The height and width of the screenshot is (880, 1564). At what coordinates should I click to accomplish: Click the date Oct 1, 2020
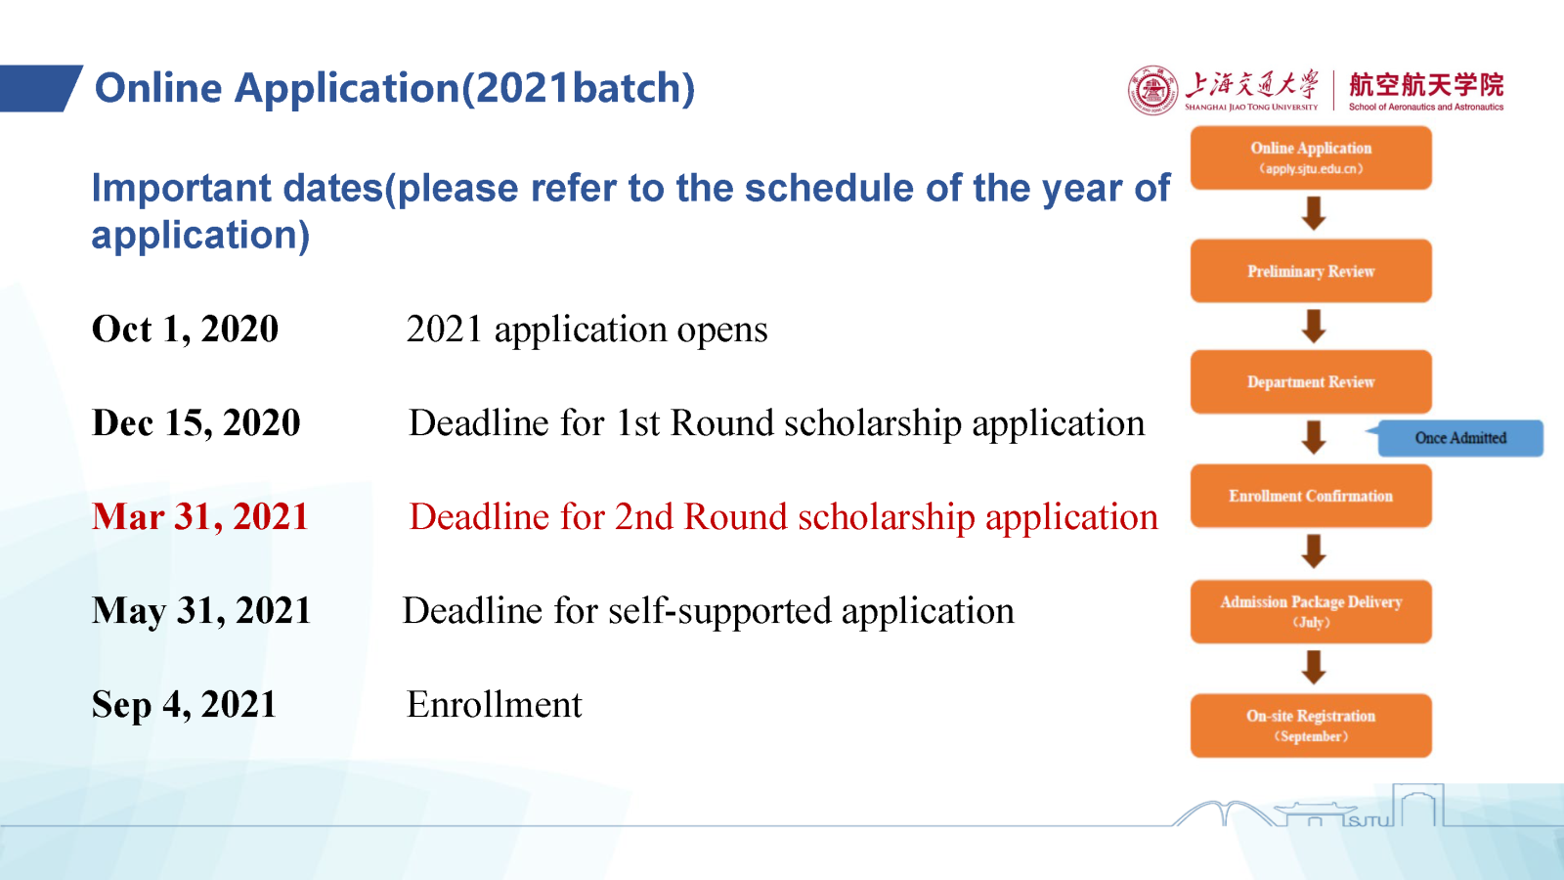pyautogui.click(x=185, y=329)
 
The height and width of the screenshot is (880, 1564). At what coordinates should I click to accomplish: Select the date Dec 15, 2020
pyautogui.click(x=196, y=422)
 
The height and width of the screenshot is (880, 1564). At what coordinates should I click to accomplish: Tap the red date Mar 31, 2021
pyautogui.click(x=200, y=517)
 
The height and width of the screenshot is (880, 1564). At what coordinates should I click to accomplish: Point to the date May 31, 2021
pyautogui.click(x=201, y=610)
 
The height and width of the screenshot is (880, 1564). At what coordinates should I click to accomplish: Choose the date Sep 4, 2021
pyautogui.click(x=185, y=704)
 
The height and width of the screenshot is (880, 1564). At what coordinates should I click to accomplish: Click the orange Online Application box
pyautogui.click(x=1311, y=157)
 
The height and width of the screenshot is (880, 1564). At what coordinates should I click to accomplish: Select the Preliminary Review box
pyautogui.click(x=1311, y=271)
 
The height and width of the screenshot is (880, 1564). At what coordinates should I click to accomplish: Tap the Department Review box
pyautogui.click(x=1311, y=382)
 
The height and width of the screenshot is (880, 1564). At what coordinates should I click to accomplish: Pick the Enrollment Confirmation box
pyautogui.click(x=1311, y=496)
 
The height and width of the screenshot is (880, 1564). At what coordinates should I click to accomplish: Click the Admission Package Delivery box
pyautogui.click(x=1311, y=611)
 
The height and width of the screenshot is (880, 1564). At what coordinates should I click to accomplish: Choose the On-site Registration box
pyautogui.click(x=1311, y=726)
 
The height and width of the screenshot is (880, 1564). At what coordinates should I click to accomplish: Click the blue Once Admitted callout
pyautogui.click(x=1459, y=438)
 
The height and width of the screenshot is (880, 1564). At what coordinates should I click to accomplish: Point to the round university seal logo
pyautogui.click(x=1152, y=91)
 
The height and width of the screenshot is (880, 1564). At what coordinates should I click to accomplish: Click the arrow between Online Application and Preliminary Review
pyautogui.click(x=1314, y=213)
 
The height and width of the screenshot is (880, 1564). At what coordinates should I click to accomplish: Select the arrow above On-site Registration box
pyautogui.click(x=1314, y=667)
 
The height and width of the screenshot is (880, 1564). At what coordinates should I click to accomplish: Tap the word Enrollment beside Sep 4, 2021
pyautogui.click(x=495, y=704)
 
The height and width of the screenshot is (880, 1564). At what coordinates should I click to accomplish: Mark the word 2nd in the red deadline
pyautogui.click(x=643, y=517)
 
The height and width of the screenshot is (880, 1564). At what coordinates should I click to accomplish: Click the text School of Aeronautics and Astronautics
pyautogui.click(x=1426, y=107)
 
